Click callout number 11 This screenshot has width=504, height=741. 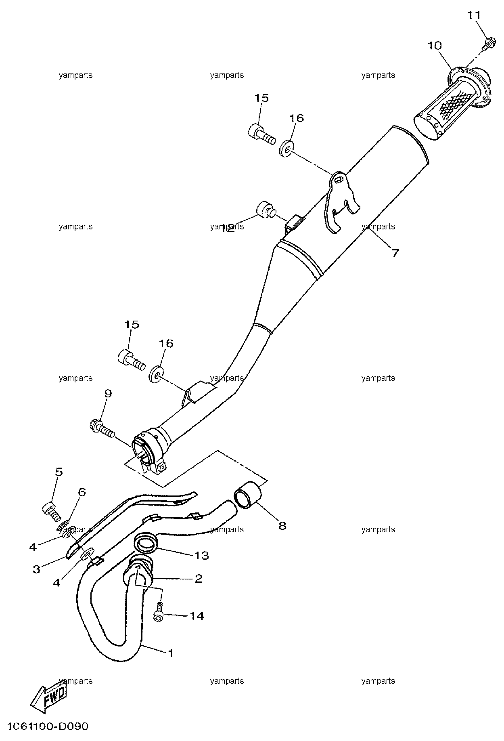474,15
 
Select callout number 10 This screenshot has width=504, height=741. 435,46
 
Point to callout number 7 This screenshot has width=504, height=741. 395,253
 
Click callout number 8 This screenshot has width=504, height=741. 282,526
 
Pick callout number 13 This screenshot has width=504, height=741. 202,556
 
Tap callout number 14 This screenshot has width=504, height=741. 197,616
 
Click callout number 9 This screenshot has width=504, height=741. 108,393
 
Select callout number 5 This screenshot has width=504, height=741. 59,472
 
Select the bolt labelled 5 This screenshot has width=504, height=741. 51,510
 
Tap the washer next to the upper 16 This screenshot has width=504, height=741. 286,149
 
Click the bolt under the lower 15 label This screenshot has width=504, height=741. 132,361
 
